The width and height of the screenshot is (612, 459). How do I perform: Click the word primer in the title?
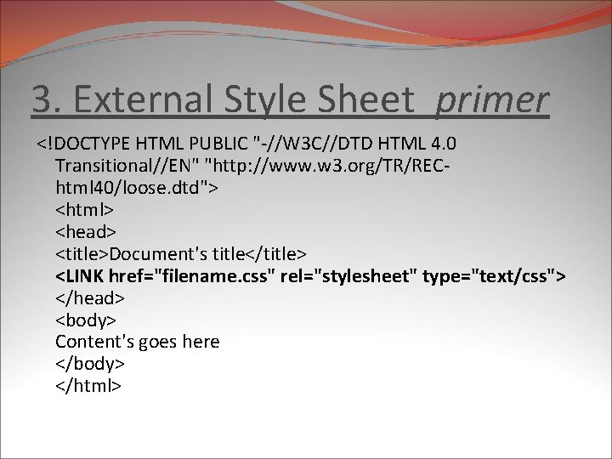[x=493, y=100]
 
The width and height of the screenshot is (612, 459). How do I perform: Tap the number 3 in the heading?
[x=40, y=100]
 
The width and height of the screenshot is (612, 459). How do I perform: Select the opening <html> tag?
[x=85, y=208]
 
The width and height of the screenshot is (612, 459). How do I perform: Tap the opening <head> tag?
[x=86, y=230]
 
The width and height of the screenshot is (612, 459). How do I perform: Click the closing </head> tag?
[x=90, y=297]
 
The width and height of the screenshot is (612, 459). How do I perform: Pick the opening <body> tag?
[x=86, y=320]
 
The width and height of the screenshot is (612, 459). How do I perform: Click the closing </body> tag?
[x=90, y=364]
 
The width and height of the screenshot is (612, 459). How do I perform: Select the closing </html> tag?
[x=89, y=386]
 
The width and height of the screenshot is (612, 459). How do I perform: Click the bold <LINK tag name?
[x=82, y=275]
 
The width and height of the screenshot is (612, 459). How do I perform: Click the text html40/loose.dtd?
[x=133, y=186]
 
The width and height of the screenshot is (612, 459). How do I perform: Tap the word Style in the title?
[x=259, y=100]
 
